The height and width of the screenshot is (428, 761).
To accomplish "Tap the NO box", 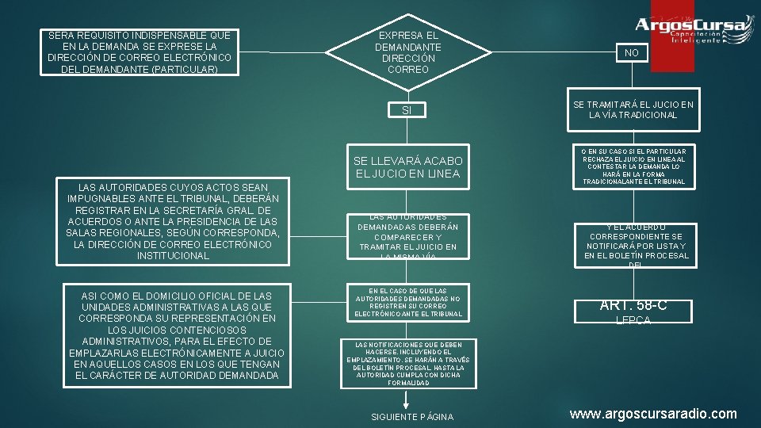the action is coord(631,52).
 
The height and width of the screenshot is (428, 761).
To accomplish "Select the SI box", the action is coord(407,109).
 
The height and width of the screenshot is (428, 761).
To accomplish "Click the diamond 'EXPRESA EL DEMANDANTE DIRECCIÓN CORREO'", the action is coord(407,52).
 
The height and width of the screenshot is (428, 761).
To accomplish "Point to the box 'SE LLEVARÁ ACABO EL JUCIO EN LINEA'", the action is coord(407,167).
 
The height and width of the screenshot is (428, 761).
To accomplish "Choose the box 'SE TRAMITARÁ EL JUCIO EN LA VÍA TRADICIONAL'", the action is coord(632,109).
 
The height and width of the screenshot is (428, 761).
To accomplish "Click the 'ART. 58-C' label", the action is coord(632,305).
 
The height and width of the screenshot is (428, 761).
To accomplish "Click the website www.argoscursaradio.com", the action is coord(654,414).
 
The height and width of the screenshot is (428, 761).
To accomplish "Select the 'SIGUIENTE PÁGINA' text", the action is coord(412,417).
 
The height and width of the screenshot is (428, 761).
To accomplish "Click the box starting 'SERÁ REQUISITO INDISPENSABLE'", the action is coord(140,52).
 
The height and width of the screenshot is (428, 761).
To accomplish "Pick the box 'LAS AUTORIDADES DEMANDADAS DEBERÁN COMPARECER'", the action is coord(407,237).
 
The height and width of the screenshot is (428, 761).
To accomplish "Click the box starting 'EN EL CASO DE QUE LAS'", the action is coord(407,303).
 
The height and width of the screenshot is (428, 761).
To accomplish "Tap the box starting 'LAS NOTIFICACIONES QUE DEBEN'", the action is coord(407,364).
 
